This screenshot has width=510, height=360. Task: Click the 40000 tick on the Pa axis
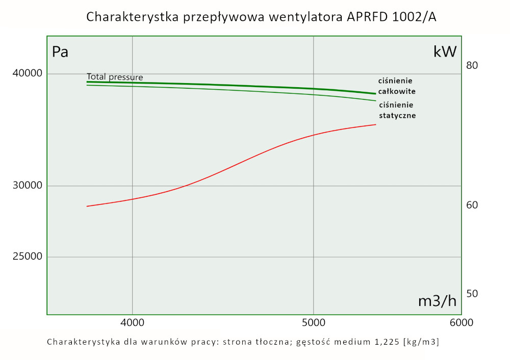[27, 74]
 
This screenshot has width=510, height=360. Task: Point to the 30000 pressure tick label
[27, 186]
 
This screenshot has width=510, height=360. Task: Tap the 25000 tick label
[27, 257]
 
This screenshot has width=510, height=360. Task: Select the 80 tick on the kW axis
[472, 65]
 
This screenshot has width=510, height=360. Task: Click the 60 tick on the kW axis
[472, 205]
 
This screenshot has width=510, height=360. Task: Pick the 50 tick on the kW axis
[472, 294]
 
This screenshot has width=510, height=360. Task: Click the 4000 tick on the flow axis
[132, 323]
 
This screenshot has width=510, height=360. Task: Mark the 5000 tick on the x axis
[313, 323]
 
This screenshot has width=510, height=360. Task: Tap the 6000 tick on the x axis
[461, 323]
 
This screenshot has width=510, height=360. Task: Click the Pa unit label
[60, 52]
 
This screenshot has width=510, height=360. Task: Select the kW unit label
[445, 52]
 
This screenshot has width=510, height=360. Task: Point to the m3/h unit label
[437, 301]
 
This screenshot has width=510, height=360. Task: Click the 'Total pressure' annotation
[115, 77]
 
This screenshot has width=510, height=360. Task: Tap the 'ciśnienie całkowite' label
[396, 86]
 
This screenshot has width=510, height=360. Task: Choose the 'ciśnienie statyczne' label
[397, 110]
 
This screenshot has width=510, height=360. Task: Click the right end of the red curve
[375, 124]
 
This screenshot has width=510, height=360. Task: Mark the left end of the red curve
[87, 206]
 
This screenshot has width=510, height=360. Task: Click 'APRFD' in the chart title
[370, 17]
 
